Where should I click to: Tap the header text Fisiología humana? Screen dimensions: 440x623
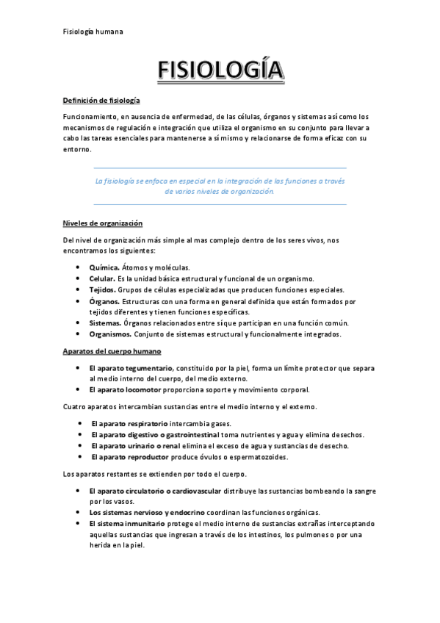pyautogui.click(x=93, y=32)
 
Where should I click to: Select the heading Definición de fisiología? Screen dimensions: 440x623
pyautogui.click(x=101, y=100)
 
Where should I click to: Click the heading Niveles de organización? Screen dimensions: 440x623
pyautogui.click(x=102, y=223)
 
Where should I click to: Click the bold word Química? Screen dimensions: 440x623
pyautogui.click(x=104, y=267)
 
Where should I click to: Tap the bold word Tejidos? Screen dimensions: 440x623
pyautogui.click(x=102, y=289)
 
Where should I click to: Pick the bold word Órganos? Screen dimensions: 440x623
pyautogui.click(x=104, y=301)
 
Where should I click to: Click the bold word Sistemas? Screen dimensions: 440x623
pyautogui.click(x=105, y=323)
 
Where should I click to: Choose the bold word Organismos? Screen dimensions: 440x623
pyautogui.click(x=110, y=334)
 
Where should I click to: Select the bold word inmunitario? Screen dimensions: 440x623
pyautogui.click(x=141, y=523)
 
